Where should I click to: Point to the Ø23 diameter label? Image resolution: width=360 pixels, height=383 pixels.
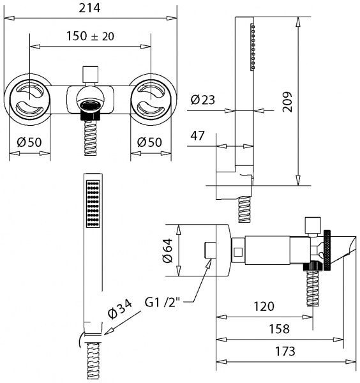point(203,100)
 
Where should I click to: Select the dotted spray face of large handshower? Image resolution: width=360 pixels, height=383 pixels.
point(93,203)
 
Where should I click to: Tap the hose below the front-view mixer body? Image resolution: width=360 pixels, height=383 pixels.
point(90,137)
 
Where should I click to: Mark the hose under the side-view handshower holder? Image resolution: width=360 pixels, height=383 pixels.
point(244,209)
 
